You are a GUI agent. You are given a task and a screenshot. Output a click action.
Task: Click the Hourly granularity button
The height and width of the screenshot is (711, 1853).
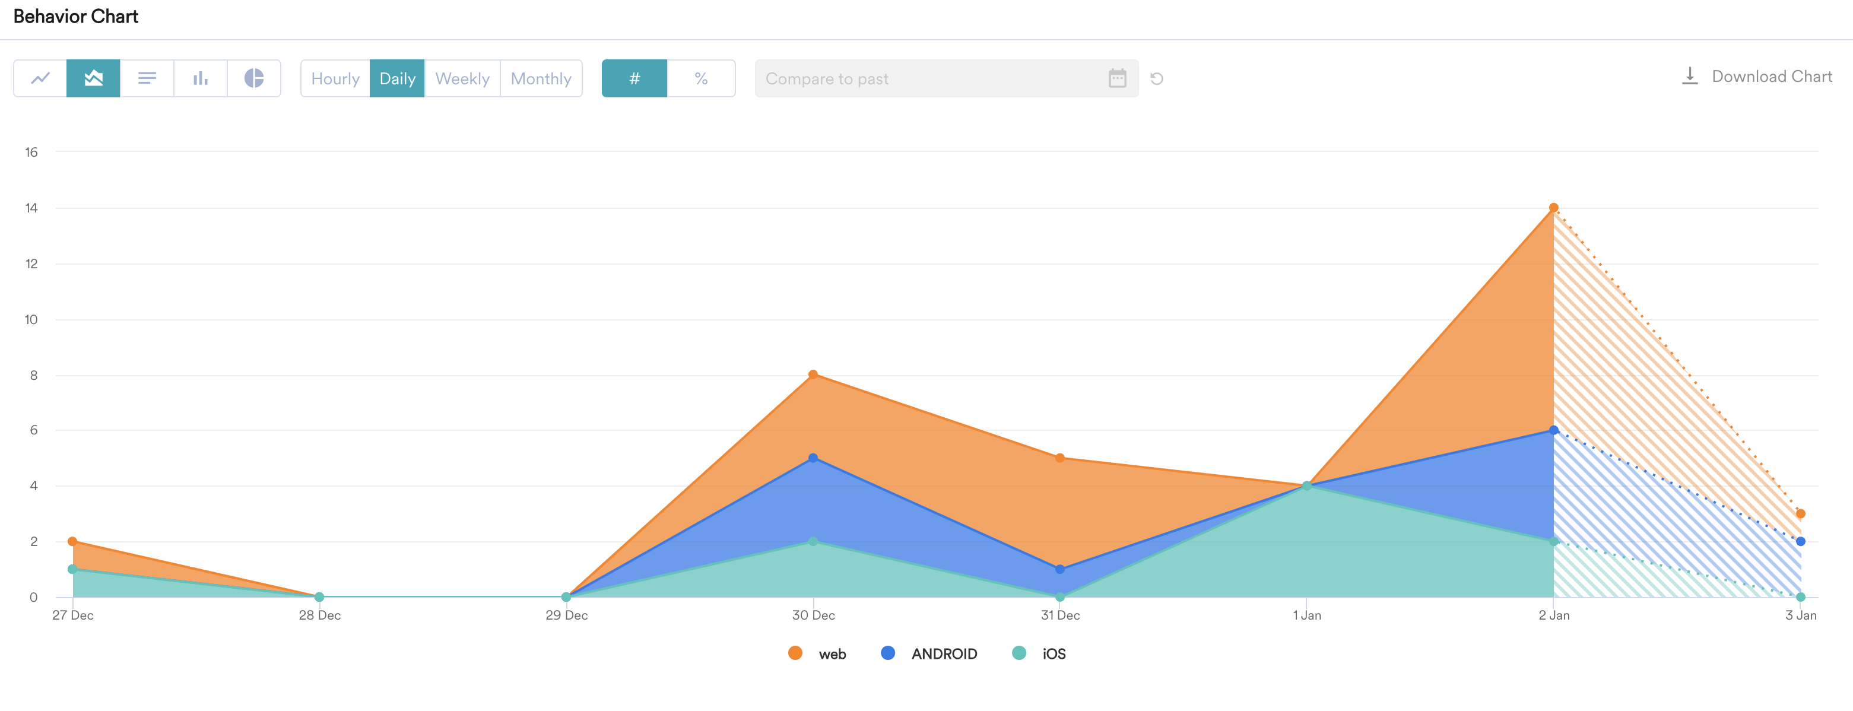pos(335,78)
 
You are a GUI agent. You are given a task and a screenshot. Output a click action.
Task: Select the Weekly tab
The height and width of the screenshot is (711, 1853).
pos(462,78)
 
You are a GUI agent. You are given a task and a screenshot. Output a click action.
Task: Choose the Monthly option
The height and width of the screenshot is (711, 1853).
pos(541,78)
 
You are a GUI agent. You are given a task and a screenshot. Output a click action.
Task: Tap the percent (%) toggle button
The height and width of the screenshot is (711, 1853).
pos(700,78)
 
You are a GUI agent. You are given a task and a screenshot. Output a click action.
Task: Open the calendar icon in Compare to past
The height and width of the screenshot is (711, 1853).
pos(1117,78)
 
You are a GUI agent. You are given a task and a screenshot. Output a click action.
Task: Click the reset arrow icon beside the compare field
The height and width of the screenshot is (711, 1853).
pos(1157,78)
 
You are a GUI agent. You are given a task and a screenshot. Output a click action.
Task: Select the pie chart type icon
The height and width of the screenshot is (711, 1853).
pos(254,78)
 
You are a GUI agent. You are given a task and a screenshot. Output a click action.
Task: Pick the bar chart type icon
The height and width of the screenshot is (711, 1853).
pos(201,78)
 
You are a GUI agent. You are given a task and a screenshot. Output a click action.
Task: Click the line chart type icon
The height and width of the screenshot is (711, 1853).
pos(40,78)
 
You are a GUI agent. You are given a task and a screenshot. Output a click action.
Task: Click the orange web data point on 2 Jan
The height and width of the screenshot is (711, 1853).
pos(1554,208)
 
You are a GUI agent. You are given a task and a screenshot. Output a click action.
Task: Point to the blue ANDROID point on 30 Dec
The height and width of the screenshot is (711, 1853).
pos(813,458)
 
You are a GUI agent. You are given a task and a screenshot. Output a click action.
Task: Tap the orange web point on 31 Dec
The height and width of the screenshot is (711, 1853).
pos(1059,458)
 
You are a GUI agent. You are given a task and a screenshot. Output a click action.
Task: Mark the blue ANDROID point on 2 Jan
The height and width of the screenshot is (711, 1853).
pos(1554,430)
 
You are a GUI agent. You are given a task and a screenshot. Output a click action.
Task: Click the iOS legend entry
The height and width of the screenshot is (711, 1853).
pos(1039,653)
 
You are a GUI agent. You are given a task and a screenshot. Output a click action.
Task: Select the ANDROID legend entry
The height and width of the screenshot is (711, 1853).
pos(929,653)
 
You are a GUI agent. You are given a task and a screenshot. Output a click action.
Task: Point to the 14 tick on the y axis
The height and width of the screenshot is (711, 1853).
pos(31,208)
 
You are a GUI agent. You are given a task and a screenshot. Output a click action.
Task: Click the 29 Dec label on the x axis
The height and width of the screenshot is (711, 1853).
pos(566,615)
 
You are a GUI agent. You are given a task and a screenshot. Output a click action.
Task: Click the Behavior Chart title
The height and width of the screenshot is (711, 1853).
pos(75,17)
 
